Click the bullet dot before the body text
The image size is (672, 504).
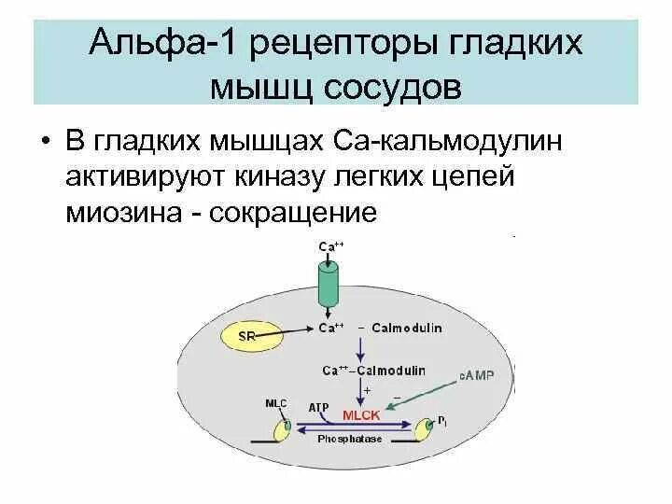46,140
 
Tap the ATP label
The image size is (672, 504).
317,407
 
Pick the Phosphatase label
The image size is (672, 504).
349,438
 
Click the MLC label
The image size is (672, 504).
277,403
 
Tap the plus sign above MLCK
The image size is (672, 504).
367,389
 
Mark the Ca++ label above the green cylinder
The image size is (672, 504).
329,246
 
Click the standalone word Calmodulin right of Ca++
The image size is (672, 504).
407,329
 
